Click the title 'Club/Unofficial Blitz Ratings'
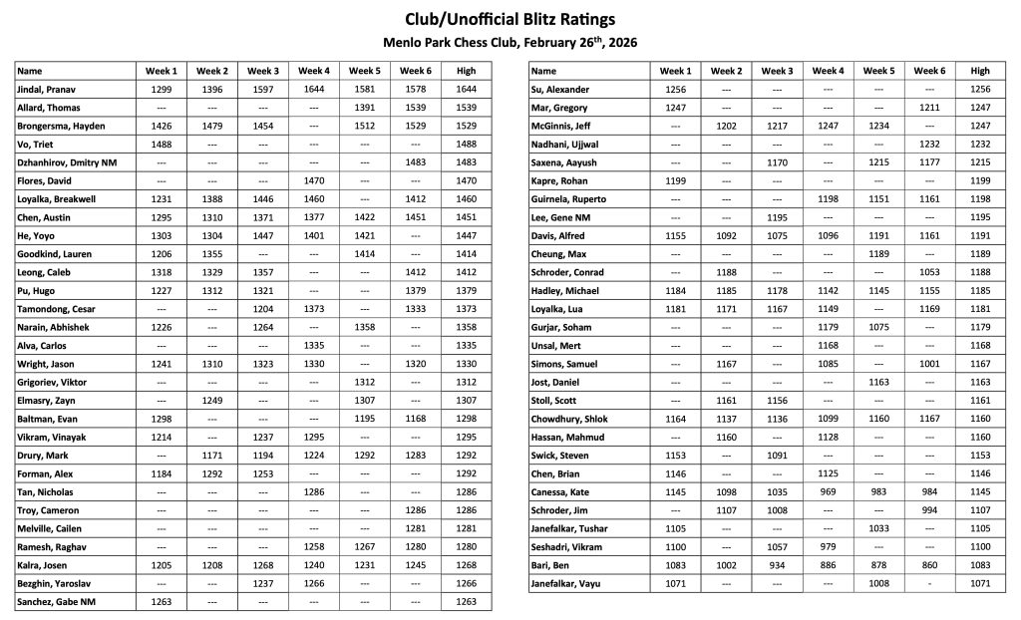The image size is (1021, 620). coord(510,19)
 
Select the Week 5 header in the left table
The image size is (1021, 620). coord(364,71)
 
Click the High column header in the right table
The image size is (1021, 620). coord(980,71)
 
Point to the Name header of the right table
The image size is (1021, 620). coord(543,71)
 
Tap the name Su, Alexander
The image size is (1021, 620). coord(562,90)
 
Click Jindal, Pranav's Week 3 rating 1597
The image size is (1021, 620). coord(262,90)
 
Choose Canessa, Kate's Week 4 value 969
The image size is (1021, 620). coord(828,491)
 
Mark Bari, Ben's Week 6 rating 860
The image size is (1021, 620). coord(929,565)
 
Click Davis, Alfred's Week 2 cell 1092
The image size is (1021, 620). coord(726,236)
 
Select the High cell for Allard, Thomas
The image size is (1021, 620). coord(466,108)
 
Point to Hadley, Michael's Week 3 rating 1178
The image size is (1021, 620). coord(777,291)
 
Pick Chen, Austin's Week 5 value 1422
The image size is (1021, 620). coord(364,217)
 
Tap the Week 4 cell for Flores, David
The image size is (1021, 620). coord(313,181)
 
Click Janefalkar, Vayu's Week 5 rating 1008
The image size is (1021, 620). coord(878,583)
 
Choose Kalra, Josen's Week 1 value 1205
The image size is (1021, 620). coord(161,565)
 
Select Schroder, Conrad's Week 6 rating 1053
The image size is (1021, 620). coord(929,272)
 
